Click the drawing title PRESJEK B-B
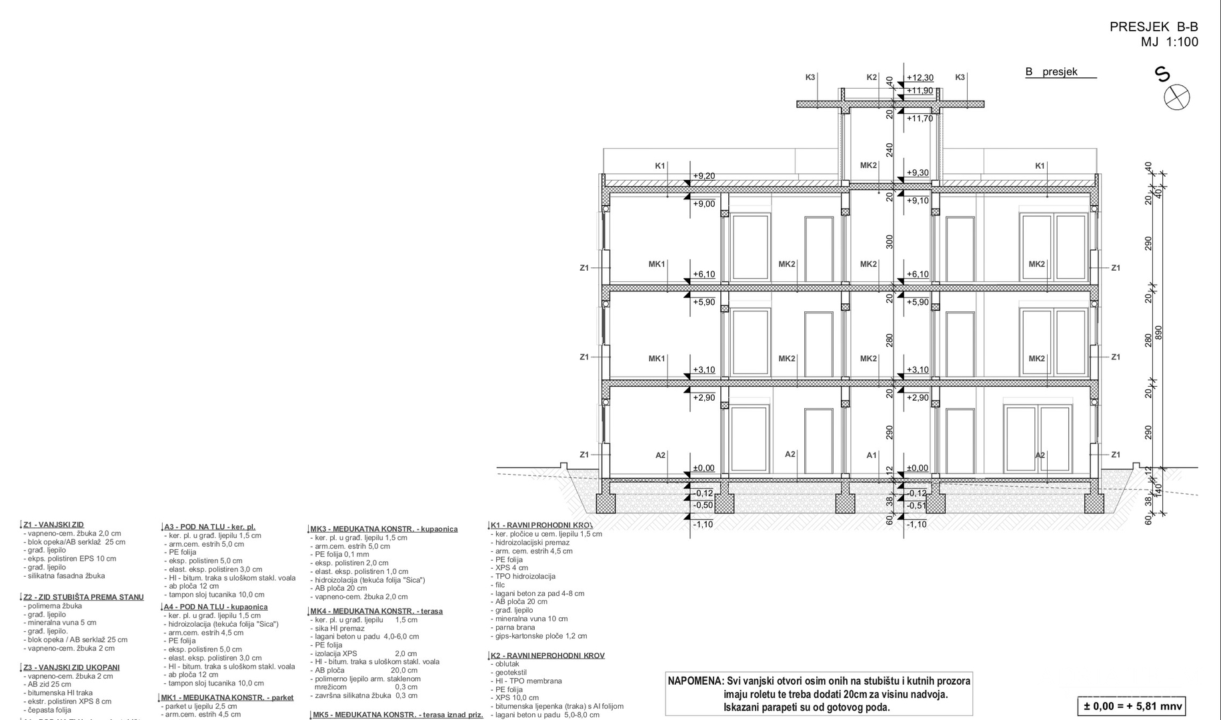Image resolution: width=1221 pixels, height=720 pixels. [1153, 27]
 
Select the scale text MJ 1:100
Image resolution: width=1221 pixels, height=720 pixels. [1169, 42]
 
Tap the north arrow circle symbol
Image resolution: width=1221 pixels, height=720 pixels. [1176, 97]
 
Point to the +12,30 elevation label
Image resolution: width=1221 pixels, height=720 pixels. [920, 78]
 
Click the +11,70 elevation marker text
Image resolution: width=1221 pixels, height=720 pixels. [920, 119]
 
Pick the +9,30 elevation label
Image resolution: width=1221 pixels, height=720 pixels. [918, 173]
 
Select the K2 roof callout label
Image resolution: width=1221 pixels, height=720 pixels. [872, 77]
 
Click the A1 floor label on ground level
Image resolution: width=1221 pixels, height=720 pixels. [872, 455]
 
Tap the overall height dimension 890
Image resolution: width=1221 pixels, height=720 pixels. [1158, 333]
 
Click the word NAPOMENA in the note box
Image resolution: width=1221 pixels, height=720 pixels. [696, 681]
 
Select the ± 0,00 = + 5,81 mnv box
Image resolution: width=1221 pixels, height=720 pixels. [1132, 706]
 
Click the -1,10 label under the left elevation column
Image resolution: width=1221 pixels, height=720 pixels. [703, 525]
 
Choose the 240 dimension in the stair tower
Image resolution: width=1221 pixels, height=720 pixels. [889, 150]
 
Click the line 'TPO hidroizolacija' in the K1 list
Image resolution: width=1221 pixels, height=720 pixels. [525, 576]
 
